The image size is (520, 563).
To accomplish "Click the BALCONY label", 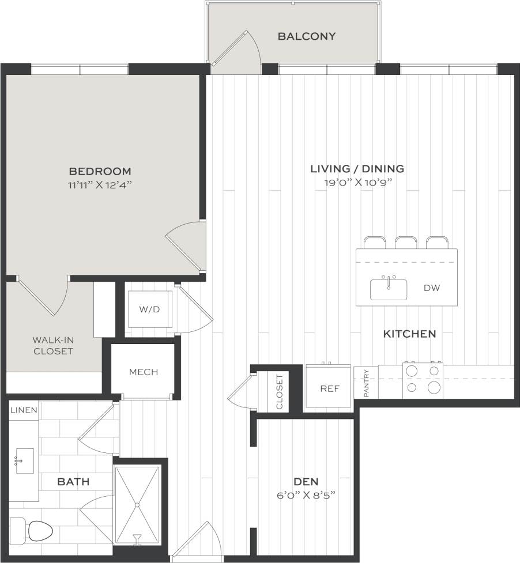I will click(x=306, y=36).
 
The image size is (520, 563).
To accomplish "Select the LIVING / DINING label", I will click(x=357, y=169).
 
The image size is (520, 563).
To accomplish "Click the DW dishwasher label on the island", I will click(x=432, y=288).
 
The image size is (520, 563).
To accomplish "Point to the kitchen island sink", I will click(x=389, y=289).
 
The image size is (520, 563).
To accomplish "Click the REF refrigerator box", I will click(x=329, y=388).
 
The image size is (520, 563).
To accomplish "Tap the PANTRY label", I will click(x=367, y=383).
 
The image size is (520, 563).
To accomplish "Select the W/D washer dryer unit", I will click(x=149, y=309).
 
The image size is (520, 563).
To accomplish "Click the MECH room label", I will click(x=144, y=372).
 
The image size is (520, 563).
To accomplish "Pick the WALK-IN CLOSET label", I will click(x=53, y=345).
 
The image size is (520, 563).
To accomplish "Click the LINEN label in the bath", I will click(x=24, y=410).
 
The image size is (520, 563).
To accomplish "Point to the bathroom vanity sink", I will click(x=25, y=460).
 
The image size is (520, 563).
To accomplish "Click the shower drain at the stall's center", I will click(x=137, y=505).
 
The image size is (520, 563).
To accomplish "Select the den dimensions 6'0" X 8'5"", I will click(x=306, y=495).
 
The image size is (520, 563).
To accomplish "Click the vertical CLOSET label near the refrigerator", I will click(x=280, y=392).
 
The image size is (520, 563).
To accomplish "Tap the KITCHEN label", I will click(x=409, y=334).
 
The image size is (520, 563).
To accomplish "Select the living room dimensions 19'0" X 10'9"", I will click(x=357, y=183).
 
